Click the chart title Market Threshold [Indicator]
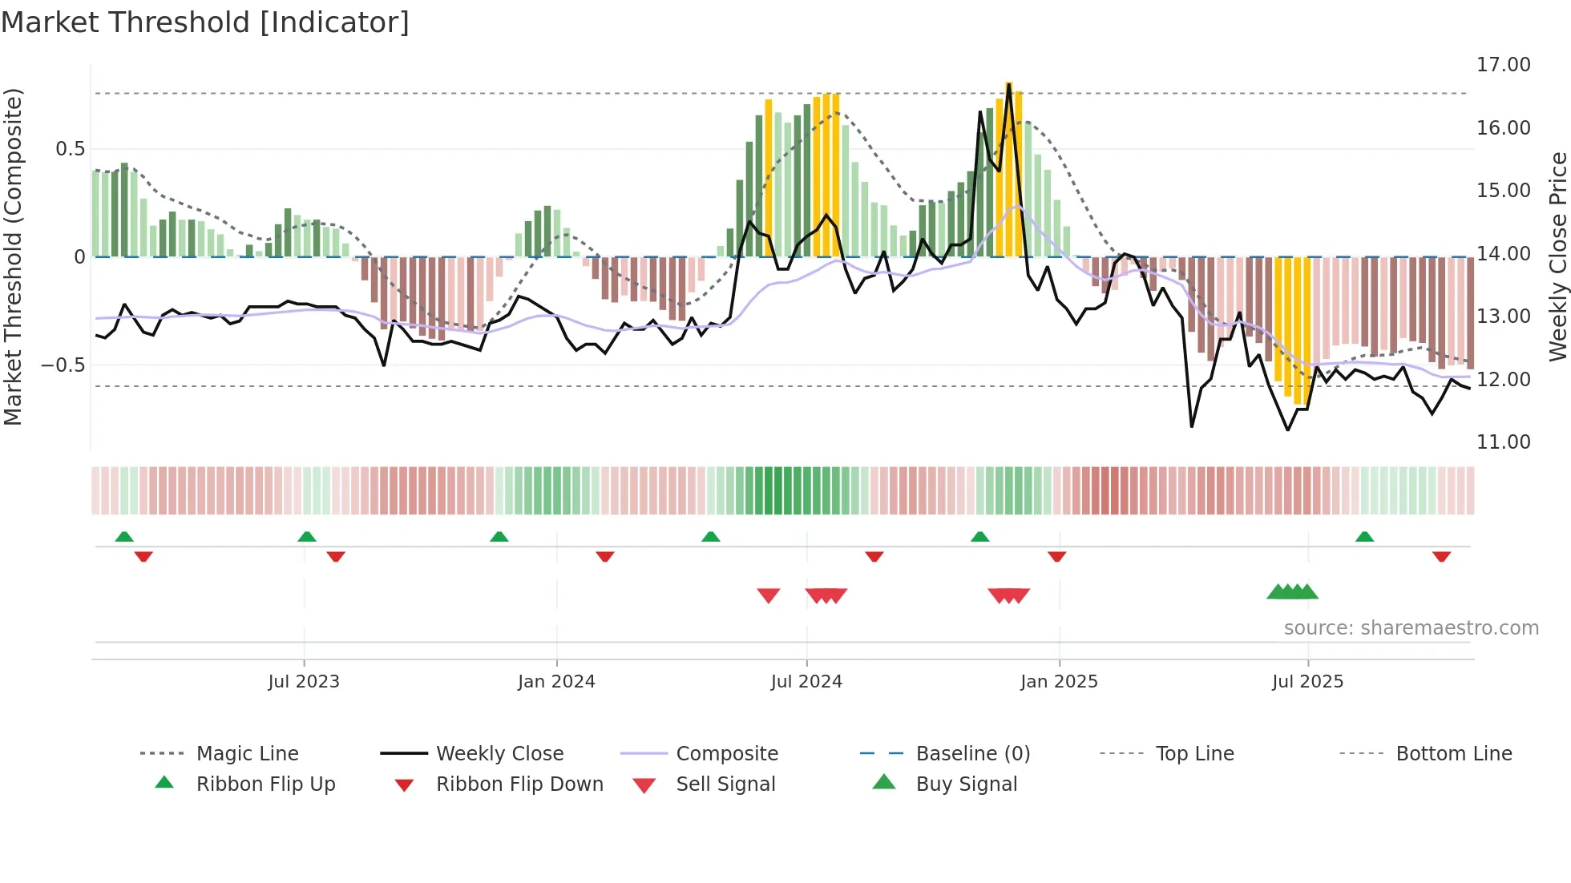205,22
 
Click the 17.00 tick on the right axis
1503,65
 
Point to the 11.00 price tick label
1503,442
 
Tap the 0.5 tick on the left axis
71,149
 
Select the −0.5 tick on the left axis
63,365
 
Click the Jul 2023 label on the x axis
304,682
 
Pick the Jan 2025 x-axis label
1059,682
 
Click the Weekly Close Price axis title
1557,256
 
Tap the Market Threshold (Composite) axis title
13,256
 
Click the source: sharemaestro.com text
1411,628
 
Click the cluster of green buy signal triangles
1292,592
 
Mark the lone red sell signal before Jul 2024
768,595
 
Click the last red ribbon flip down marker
1441,556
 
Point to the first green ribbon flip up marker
124,537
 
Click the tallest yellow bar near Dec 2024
1009,168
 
